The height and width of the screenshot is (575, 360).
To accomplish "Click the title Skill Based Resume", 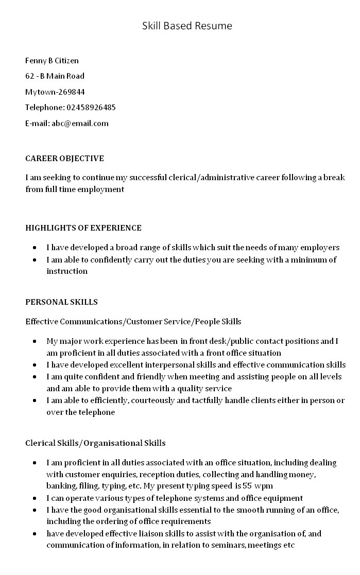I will [187, 26].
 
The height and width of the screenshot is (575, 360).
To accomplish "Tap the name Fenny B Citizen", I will [52, 61].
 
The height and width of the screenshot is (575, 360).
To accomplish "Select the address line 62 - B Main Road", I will [55, 76].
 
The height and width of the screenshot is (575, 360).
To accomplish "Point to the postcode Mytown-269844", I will [55, 92].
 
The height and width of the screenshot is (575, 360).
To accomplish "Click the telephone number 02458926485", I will [91, 108].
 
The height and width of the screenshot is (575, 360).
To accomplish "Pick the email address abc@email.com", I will [80, 124].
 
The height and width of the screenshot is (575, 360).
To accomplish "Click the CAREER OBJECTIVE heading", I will [64, 159].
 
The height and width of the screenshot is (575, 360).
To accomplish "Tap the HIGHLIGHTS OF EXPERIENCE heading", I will [83, 228].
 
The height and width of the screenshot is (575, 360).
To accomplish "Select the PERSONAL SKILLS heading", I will [61, 302].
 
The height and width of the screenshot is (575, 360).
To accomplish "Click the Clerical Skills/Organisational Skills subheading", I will [95, 443].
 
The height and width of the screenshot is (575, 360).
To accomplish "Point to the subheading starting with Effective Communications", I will [133, 322].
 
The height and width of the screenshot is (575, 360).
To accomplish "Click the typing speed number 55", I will [248, 486].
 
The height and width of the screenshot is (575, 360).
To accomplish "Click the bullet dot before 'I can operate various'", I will [34, 498].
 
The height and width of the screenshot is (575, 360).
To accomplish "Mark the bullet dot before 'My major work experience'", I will [34, 341].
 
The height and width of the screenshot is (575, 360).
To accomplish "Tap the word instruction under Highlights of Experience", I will [67, 271].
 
